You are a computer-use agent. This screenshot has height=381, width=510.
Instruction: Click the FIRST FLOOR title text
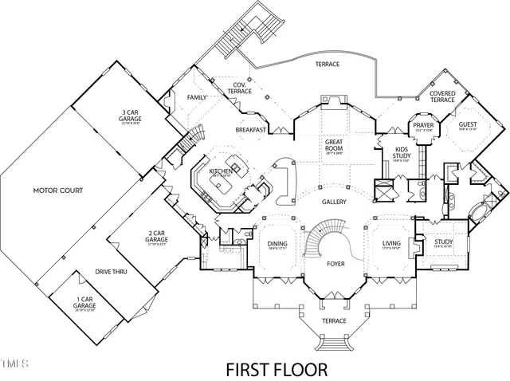click(277, 370)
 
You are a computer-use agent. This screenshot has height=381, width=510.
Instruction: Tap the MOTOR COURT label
click(57, 191)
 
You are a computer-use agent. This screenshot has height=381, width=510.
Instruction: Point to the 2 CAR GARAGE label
click(155, 236)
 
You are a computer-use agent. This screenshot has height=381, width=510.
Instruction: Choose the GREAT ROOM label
click(333, 145)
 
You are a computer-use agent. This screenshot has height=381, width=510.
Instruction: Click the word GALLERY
click(335, 202)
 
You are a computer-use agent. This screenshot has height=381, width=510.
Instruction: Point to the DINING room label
click(277, 244)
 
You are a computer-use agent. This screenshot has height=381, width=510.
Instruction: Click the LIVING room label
click(391, 244)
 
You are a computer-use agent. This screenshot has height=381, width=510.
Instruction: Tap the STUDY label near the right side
click(443, 242)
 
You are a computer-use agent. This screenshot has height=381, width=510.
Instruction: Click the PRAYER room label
click(422, 124)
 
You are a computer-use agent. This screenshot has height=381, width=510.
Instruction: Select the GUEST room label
click(466, 124)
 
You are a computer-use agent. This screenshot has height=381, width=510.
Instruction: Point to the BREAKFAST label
click(250, 129)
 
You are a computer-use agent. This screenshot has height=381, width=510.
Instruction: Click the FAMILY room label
click(196, 97)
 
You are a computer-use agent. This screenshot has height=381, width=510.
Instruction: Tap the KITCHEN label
click(221, 171)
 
